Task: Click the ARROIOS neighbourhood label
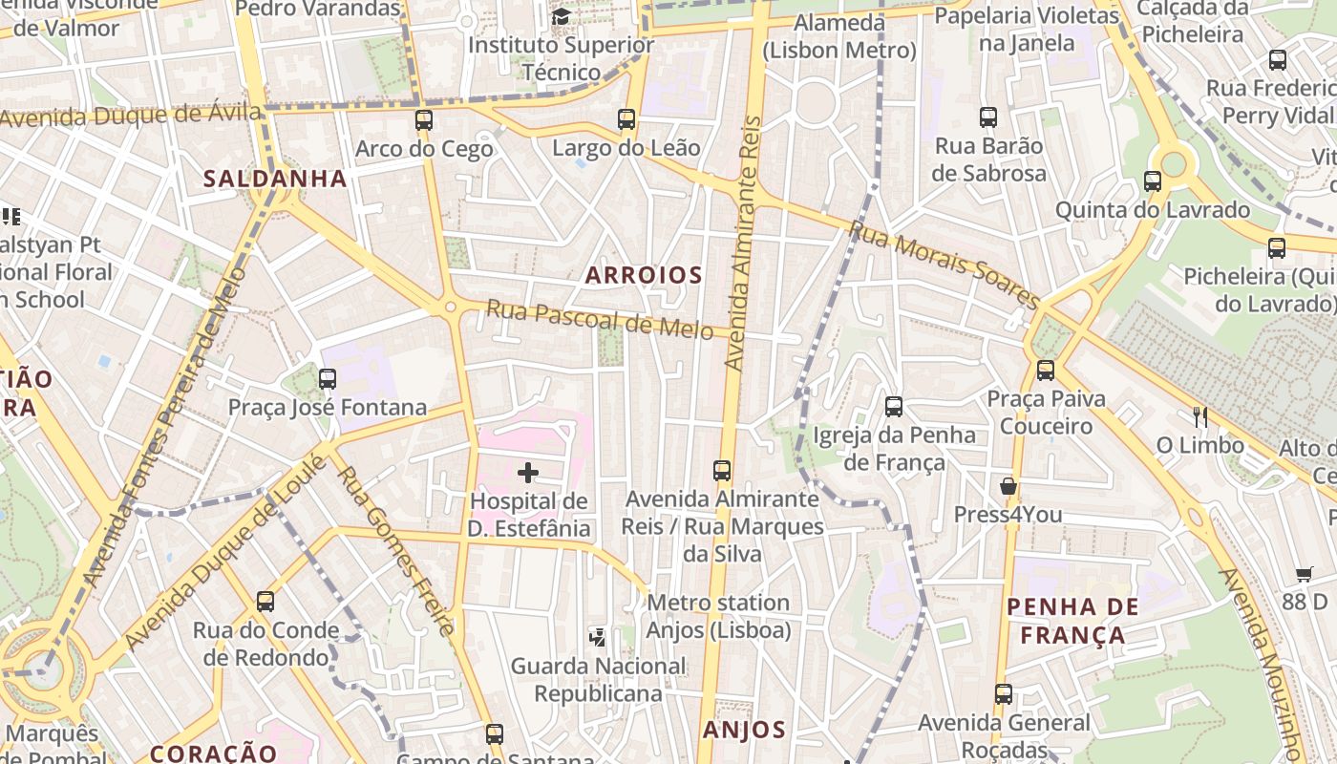pos(644,276)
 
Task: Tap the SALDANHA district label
pos(275,179)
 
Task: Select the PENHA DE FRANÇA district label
pos(1072,621)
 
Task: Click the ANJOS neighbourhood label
pos(744,731)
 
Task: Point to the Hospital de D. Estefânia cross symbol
pos(528,473)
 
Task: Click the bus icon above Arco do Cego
pos(424,120)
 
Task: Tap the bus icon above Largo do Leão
pos(626,119)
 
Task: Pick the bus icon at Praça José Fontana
pos(328,378)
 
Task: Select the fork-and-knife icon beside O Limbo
pos(1200,416)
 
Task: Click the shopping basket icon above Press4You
pos(1008,486)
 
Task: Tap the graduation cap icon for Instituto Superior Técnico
pos(562,16)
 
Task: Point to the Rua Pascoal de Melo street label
pos(600,320)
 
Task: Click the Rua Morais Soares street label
pos(944,265)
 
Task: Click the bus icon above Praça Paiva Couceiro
pos(1046,370)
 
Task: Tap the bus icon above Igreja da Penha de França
pos(894,407)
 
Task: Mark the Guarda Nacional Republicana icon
pos(598,637)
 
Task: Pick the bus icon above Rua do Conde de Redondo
pos(265,602)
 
